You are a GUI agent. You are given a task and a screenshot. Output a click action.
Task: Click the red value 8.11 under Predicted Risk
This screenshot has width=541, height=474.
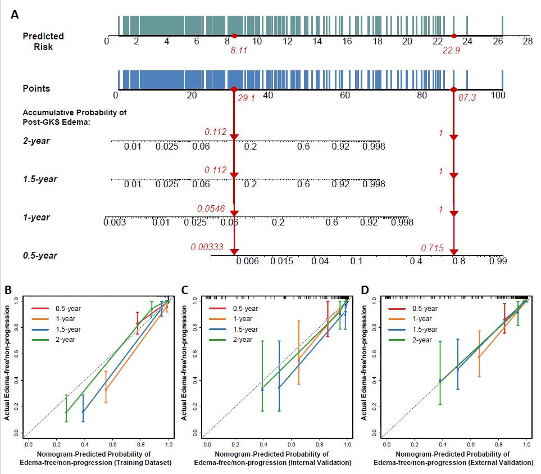(239, 51)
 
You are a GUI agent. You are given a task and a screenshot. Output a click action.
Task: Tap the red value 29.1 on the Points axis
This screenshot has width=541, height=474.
(247, 98)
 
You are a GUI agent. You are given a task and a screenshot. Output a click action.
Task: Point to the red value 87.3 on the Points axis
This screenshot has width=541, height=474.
(467, 98)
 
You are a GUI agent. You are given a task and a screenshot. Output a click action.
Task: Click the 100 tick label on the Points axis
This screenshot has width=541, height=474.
(498, 96)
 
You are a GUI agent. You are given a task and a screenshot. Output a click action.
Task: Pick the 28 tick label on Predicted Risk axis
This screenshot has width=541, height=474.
(527, 41)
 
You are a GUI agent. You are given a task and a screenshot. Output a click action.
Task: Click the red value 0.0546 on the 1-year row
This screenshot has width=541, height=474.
(211, 209)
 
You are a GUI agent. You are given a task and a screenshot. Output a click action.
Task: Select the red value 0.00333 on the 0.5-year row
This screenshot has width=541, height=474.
(207, 247)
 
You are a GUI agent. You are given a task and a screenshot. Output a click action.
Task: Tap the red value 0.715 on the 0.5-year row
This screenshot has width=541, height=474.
(433, 248)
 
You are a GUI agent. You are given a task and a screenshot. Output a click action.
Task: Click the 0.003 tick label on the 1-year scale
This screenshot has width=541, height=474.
(115, 223)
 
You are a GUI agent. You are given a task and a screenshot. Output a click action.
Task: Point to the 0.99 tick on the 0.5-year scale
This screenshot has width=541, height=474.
(498, 261)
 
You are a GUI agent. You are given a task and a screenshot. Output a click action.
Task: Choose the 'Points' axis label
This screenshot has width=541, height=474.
(36, 88)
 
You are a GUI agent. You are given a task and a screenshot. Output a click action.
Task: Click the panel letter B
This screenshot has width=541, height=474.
(8, 290)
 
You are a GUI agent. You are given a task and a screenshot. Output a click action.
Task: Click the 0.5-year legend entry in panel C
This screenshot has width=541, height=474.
(246, 309)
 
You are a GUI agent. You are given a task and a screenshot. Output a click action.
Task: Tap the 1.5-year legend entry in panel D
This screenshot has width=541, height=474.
(425, 329)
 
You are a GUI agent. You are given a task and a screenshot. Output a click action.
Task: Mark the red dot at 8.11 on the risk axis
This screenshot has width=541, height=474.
(234, 36)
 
